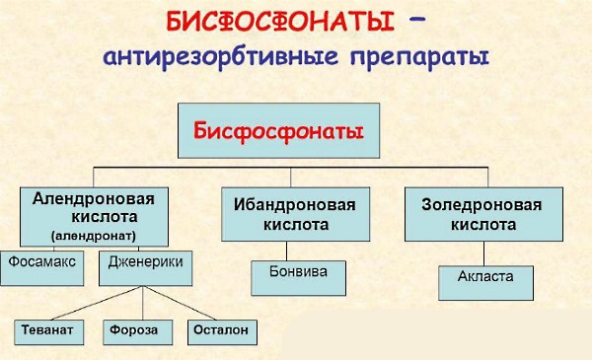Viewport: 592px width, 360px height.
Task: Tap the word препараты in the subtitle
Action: (x=415, y=57)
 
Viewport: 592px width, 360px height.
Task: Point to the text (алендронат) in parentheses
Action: (x=95, y=236)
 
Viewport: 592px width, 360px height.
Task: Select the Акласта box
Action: (x=485, y=279)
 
